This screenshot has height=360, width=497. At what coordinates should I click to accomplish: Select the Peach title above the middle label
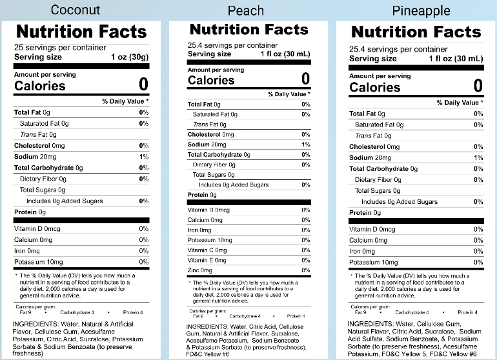[x=246, y=11]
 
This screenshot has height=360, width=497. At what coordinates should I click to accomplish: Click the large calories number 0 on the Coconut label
[x=143, y=85]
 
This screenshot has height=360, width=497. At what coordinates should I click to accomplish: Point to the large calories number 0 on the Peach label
[x=305, y=79]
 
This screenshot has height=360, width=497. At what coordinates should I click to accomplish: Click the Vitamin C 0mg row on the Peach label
[x=207, y=250]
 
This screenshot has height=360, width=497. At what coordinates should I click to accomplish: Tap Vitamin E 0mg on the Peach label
[x=207, y=260]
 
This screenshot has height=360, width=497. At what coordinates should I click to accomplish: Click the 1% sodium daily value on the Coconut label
[x=144, y=157]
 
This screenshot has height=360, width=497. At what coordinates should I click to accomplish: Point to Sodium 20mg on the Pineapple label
[x=370, y=157]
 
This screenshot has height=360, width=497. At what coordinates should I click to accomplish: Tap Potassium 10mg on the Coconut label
[x=39, y=262]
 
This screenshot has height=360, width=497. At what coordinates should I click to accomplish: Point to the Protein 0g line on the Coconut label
[x=30, y=212]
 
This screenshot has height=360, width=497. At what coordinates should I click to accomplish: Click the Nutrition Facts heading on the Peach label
[x=249, y=30]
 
